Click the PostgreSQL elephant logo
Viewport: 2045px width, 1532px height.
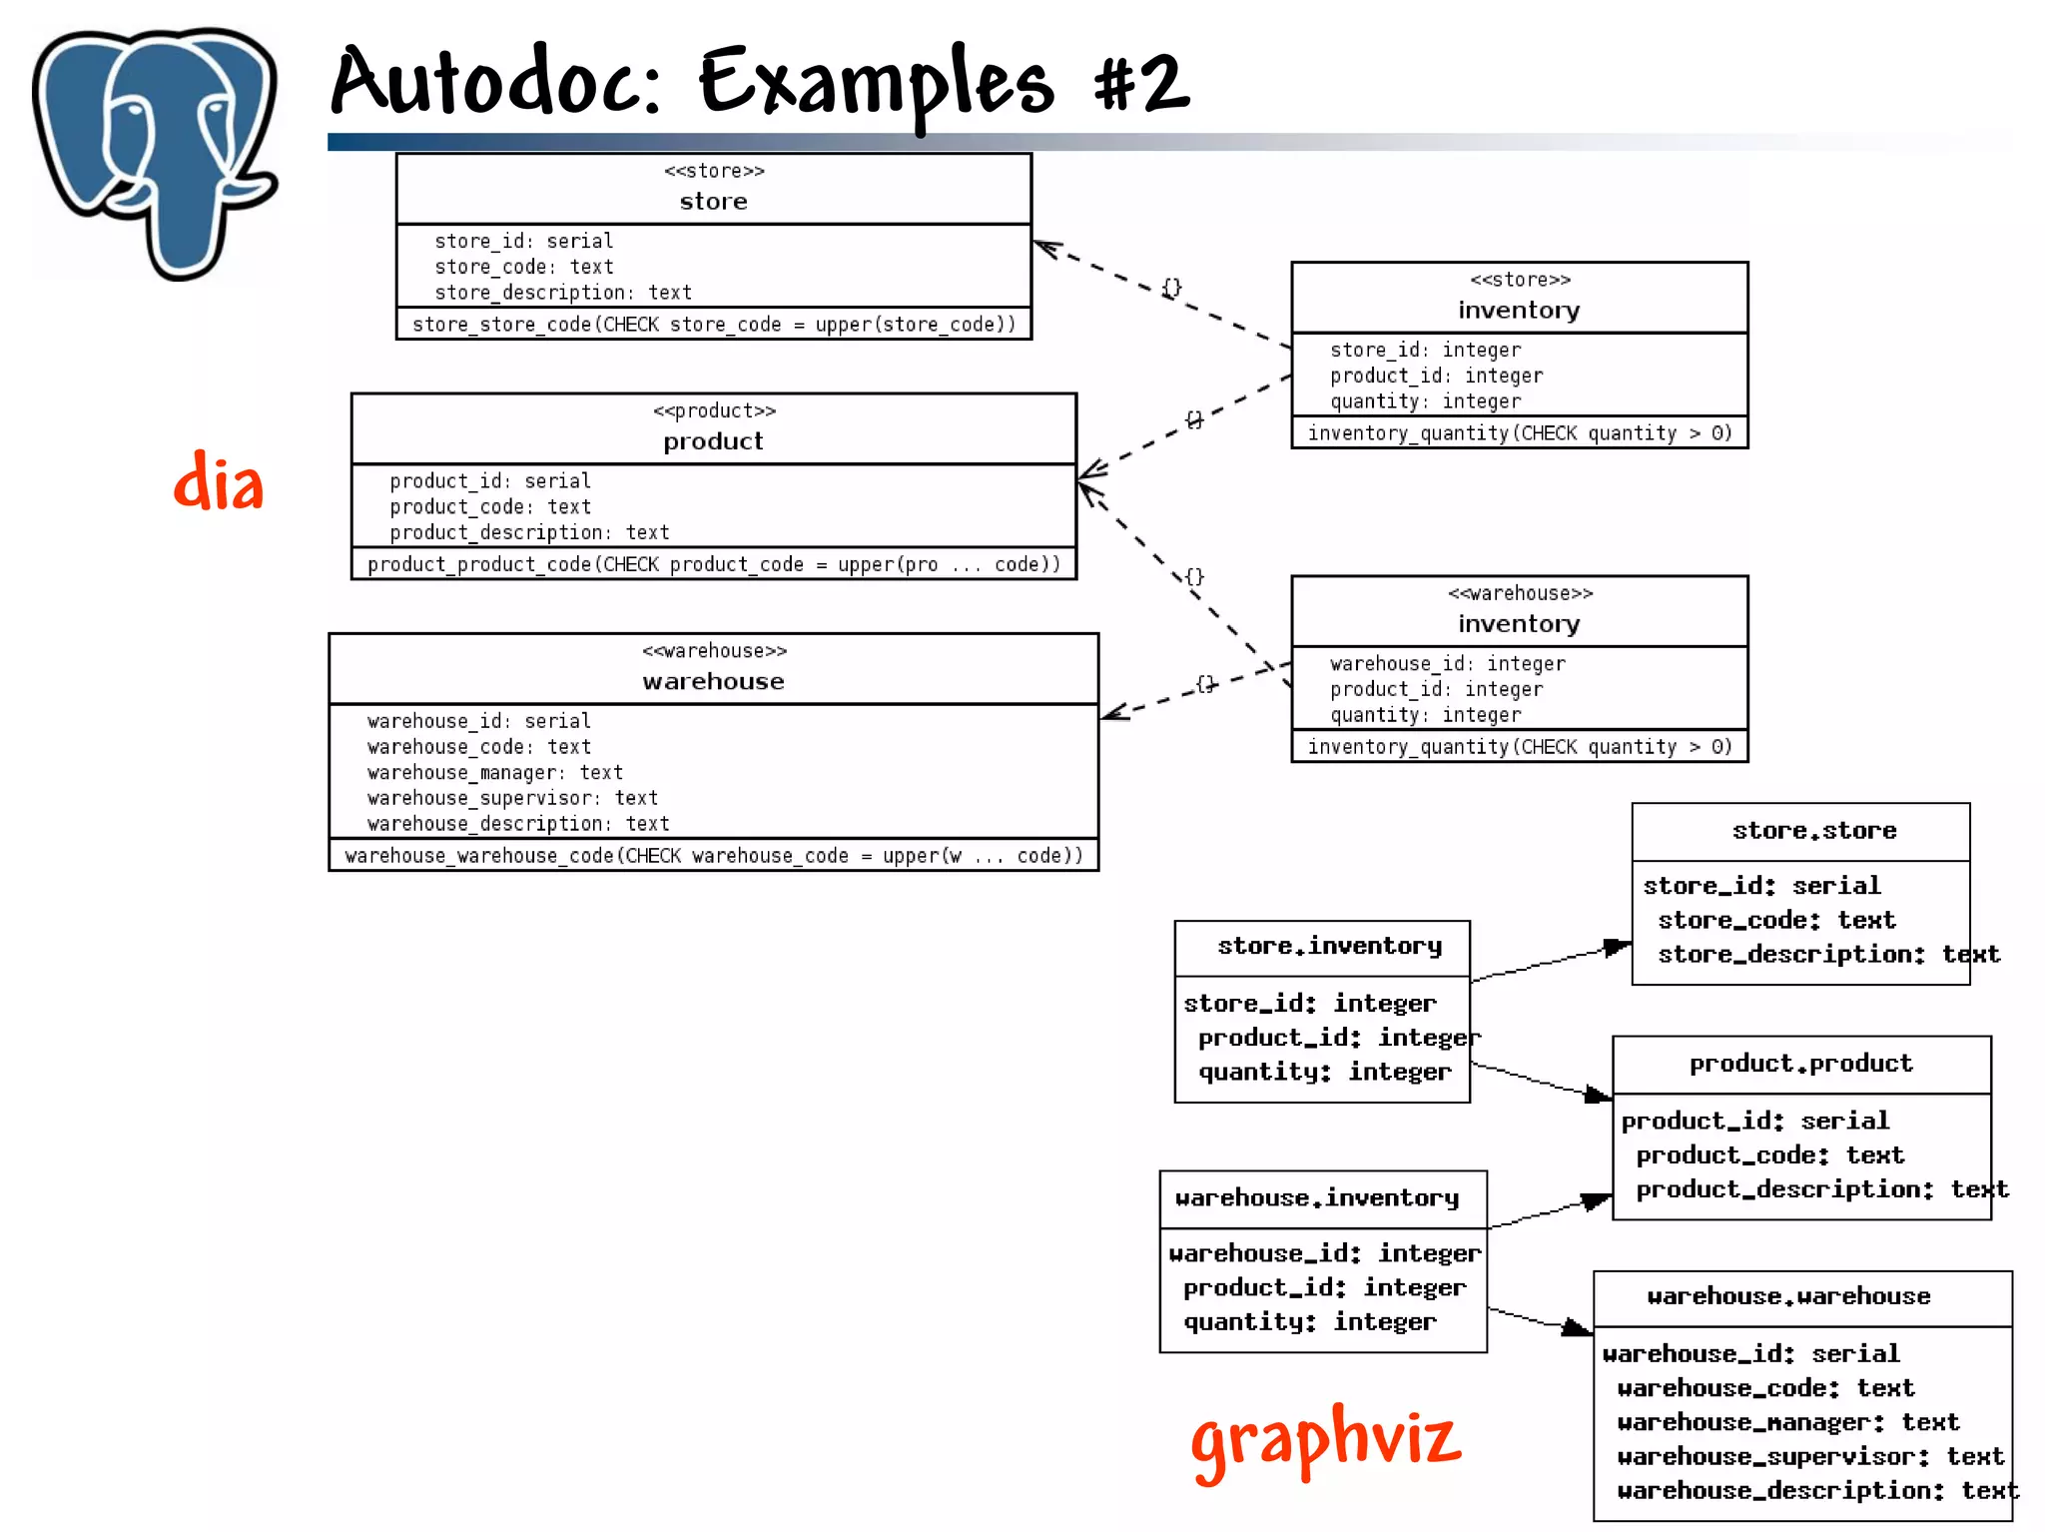(155, 150)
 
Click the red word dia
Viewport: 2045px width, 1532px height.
(219, 482)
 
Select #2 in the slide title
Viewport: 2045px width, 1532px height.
(1141, 82)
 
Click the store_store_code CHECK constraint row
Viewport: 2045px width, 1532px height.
(713, 325)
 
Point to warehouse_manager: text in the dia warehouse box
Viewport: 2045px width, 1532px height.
(494, 772)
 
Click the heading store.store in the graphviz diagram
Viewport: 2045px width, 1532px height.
(1813, 831)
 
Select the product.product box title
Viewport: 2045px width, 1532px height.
(1800, 1064)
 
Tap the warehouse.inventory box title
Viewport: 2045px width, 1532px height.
(1316, 1197)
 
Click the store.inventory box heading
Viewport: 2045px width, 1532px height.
(1329, 946)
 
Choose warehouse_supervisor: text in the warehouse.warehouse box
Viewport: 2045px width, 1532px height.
(1809, 1456)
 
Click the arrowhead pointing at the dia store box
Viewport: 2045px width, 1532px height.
(1043, 246)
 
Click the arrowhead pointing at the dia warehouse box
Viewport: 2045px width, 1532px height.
(1111, 712)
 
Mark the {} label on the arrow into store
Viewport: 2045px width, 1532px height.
(1171, 288)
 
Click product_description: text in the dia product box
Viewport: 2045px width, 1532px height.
(529, 532)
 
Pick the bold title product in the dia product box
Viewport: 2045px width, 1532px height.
(713, 441)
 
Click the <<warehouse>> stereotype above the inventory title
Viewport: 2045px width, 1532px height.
(1520, 593)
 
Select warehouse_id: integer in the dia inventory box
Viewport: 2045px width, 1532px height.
(1447, 663)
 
